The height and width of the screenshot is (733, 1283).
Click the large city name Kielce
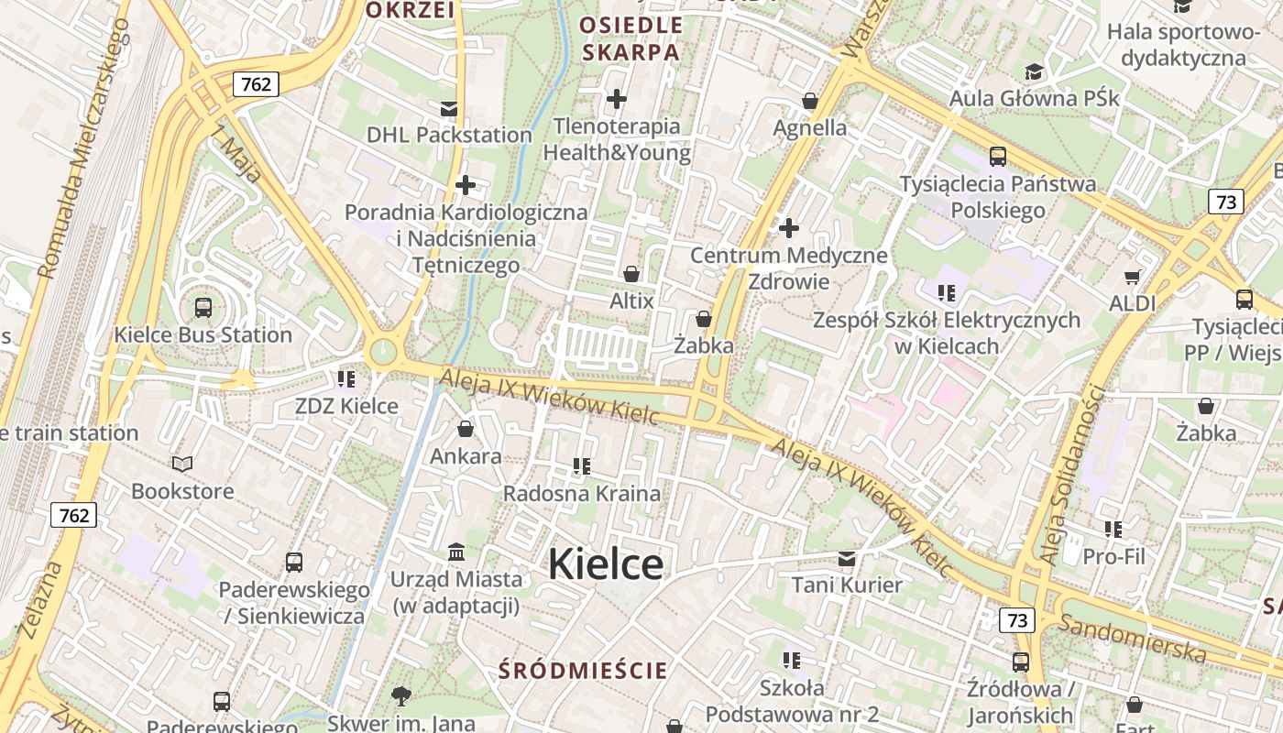(x=605, y=563)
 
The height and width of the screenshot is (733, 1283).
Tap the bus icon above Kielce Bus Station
(x=203, y=308)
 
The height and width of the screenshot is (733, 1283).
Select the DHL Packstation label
(x=449, y=135)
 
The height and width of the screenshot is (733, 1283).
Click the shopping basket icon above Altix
(x=631, y=274)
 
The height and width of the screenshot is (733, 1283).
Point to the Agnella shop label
(x=810, y=127)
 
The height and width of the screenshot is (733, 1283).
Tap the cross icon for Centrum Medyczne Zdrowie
(x=788, y=228)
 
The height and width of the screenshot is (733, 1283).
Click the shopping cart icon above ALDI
(x=1133, y=276)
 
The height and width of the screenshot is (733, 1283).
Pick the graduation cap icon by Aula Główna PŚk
(x=1034, y=72)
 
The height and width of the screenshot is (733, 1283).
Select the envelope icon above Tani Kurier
(x=847, y=558)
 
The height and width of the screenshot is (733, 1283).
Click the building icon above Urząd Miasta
(x=456, y=552)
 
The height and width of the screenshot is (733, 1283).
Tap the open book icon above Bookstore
(x=182, y=465)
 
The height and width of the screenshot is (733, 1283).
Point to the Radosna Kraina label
(x=582, y=494)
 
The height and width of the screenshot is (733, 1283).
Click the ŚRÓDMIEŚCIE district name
(x=583, y=671)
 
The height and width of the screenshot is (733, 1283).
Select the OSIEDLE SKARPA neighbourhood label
(x=632, y=38)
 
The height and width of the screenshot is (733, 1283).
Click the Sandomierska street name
(x=1133, y=639)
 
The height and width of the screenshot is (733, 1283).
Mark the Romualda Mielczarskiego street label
(x=84, y=147)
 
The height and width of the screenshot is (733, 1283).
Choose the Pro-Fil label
(x=1113, y=556)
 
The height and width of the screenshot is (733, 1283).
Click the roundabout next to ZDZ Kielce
(x=383, y=351)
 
